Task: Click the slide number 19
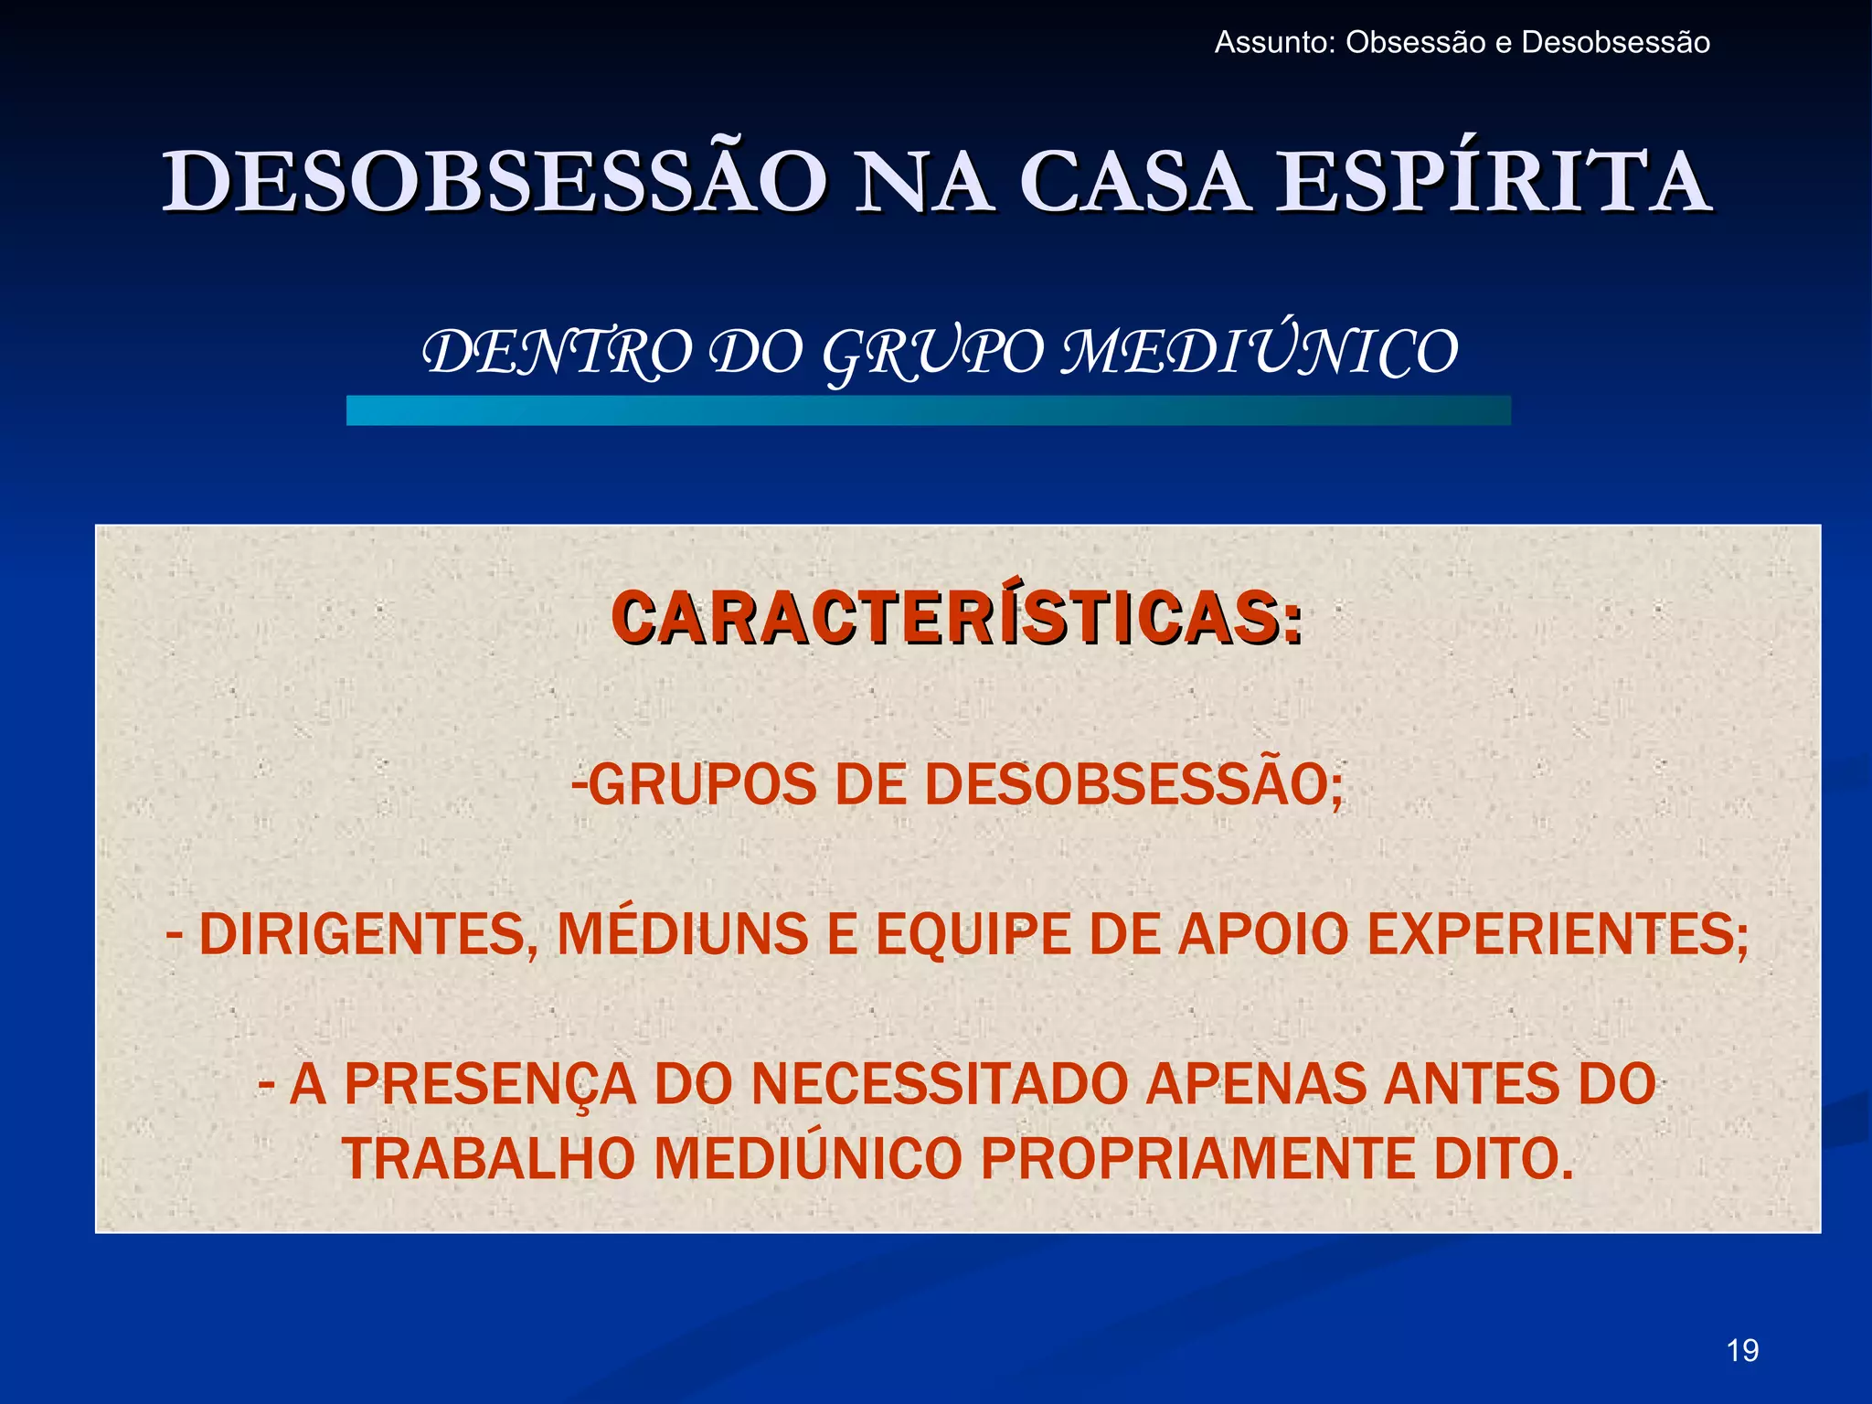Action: coord(1742,1350)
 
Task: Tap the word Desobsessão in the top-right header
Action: coord(1615,43)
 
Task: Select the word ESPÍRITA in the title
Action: coord(1493,182)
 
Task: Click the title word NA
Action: coord(923,182)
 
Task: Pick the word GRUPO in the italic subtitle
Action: coord(931,353)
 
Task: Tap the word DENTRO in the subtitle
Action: coord(558,353)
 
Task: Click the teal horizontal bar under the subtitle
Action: coord(928,410)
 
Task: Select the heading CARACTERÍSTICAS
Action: coord(956,619)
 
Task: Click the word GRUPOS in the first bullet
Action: coord(702,784)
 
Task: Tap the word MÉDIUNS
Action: coord(683,934)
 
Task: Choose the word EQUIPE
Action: coord(973,934)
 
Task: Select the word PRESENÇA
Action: coord(490,1085)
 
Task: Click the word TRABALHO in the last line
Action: coord(488,1159)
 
